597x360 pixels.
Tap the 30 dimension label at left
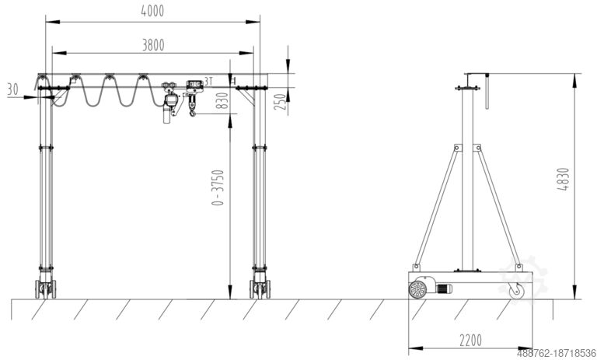(12, 89)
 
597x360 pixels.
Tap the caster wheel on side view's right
(516, 292)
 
